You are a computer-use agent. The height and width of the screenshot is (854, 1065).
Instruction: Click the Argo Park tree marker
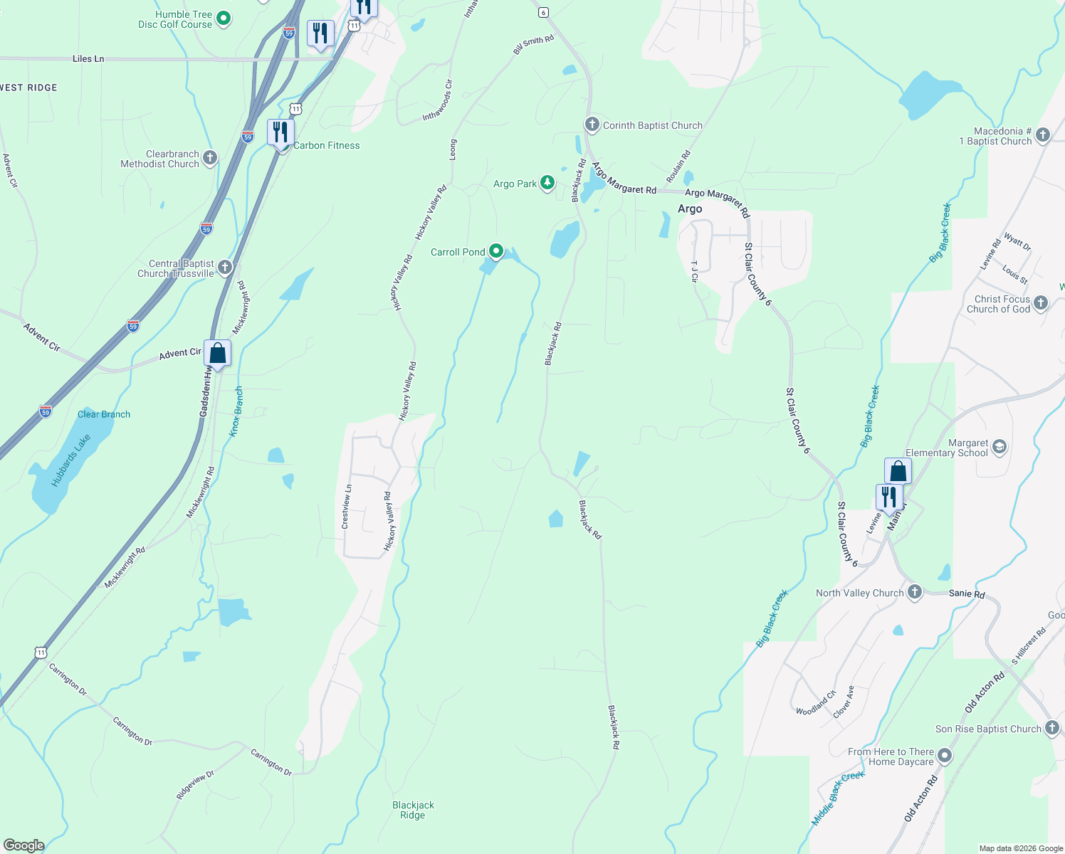click(547, 183)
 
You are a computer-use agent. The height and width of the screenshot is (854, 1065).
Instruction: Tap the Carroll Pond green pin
click(496, 251)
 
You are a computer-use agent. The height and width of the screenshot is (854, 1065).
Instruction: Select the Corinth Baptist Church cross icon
click(592, 125)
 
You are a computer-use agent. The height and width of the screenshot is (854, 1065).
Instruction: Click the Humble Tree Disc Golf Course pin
click(224, 19)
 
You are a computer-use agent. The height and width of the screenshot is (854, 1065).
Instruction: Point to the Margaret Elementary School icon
click(1000, 447)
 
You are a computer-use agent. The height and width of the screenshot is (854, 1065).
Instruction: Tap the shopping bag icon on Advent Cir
click(217, 353)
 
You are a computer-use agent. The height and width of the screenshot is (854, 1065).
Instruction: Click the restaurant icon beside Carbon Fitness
click(280, 132)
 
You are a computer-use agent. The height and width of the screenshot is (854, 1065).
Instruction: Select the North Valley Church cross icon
click(915, 592)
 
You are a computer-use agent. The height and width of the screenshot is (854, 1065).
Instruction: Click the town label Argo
click(690, 209)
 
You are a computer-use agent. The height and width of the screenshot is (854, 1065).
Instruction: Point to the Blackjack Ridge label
click(413, 810)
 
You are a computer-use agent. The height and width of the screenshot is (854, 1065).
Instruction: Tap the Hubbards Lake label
click(70, 460)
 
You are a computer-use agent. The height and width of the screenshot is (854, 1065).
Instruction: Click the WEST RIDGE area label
click(28, 88)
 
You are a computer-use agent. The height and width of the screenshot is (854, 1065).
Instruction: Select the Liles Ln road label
click(88, 59)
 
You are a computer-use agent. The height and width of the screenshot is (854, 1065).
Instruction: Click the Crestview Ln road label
click(346, 506)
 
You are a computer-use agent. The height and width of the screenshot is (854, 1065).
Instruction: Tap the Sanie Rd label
click(967, 594)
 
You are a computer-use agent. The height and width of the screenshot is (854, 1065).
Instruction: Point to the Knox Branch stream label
click(236, 411)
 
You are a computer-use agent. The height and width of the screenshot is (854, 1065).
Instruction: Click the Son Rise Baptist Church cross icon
click(1052, 728)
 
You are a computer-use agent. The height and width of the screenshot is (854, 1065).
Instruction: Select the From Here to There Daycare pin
click(945, 756)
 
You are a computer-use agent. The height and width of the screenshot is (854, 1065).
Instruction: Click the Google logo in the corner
click(23, 845)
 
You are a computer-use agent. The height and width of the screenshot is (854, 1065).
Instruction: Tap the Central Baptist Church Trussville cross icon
click(225, 268)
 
